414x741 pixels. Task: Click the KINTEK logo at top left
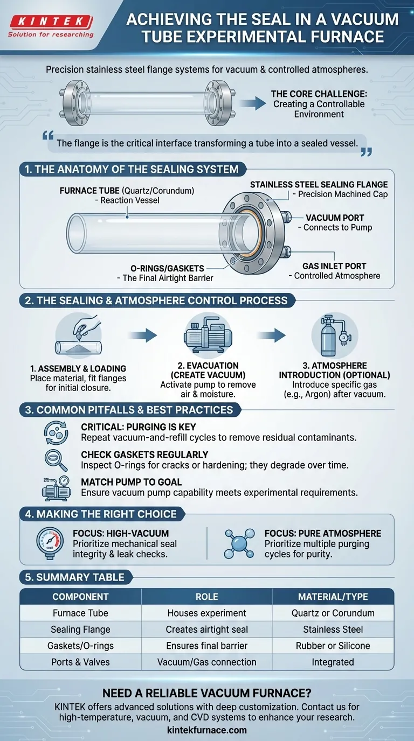tap(51, 26)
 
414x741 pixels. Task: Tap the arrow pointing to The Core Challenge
tap(253, 103)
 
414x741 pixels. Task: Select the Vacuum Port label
tap(335, 218)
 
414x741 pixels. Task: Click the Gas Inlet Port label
tap(334, 266)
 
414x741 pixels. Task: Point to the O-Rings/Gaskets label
tap(167, 268)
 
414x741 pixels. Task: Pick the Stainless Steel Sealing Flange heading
tap(319, 185)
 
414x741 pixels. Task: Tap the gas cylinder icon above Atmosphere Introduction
tap(335, 335)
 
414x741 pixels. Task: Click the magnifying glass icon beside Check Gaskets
tap(56, 460)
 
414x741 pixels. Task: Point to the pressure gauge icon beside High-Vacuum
tap(50, 543)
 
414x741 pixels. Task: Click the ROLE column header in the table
tap(206, 597)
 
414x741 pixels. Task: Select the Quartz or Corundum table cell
tap(333, 613)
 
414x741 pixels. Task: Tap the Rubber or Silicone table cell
tap(333, 646)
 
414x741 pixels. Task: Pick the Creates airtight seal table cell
tap(206, 629)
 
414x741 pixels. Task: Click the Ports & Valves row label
tap(80, 662)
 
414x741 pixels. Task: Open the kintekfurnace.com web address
tap(207, 730)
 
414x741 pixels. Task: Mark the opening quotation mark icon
tap(48, 135)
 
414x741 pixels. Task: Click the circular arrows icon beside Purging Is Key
tap(56, 432)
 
